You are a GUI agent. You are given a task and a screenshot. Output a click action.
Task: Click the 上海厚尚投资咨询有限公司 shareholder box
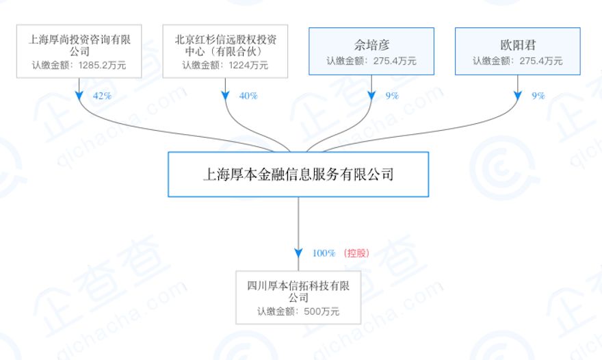pos(79,51)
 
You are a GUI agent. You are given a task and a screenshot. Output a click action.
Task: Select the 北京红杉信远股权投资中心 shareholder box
pos(225,51)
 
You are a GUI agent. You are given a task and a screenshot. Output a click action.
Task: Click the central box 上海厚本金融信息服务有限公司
pos(298,174)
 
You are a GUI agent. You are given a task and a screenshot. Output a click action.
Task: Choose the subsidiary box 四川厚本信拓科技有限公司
pos(298,298)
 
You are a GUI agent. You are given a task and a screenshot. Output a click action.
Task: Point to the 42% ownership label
pos(101,96)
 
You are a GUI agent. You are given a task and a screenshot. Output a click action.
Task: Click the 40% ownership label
pos(248,96)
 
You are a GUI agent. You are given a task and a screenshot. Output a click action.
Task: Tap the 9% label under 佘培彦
pos(392,96)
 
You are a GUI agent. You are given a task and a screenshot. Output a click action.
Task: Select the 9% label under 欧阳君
pos(538,96)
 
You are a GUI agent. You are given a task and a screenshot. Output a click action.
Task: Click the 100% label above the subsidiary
pos(324,253)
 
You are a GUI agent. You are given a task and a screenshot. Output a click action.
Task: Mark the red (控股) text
pos(356,253)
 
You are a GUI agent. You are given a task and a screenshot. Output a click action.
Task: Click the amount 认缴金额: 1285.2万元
pos(79,66)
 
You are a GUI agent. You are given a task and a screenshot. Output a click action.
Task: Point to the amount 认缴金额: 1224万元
pos(225,66)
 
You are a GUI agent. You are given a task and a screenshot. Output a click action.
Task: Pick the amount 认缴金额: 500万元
pos(298,312)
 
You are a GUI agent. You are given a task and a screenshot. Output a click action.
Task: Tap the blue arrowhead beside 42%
pos(79,96)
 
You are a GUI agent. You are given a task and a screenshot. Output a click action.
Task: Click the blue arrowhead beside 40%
pos(226,96)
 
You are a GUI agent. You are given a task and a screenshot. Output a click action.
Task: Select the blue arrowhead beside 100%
pos(298,253)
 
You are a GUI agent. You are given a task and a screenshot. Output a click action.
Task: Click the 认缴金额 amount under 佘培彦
pos(371,61)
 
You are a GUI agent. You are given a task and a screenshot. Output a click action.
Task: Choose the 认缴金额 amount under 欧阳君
pos(518,61)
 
